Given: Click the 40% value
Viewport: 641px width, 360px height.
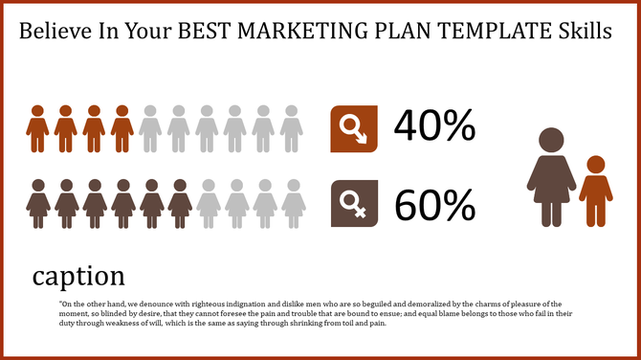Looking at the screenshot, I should [x=435, y=127].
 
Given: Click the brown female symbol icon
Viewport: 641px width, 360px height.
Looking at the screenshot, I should [x=353, y=203].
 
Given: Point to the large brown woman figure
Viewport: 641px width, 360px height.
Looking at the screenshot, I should [x=552, y=179].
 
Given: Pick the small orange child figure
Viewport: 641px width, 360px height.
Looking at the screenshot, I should [x=595, y=191].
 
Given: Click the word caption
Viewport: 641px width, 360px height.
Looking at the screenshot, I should [x=78, y=276].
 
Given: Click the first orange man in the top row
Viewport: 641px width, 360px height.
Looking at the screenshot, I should [x=37, y=128].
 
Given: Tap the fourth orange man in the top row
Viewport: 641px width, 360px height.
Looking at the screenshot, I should [x=122, y=128].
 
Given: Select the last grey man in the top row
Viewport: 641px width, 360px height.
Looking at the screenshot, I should [x=292, y=128].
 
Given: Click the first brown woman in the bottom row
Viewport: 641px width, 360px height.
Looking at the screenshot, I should [x=37, y=203].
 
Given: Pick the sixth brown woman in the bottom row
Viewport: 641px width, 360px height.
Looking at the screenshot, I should [x=179, y=203].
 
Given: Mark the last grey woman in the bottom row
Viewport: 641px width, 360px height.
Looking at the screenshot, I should [x=292, y=203].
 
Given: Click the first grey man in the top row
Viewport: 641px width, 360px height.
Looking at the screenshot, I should [x=150, y=128].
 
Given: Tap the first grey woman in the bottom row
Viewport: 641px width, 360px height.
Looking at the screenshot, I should [x=208, y=203].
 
